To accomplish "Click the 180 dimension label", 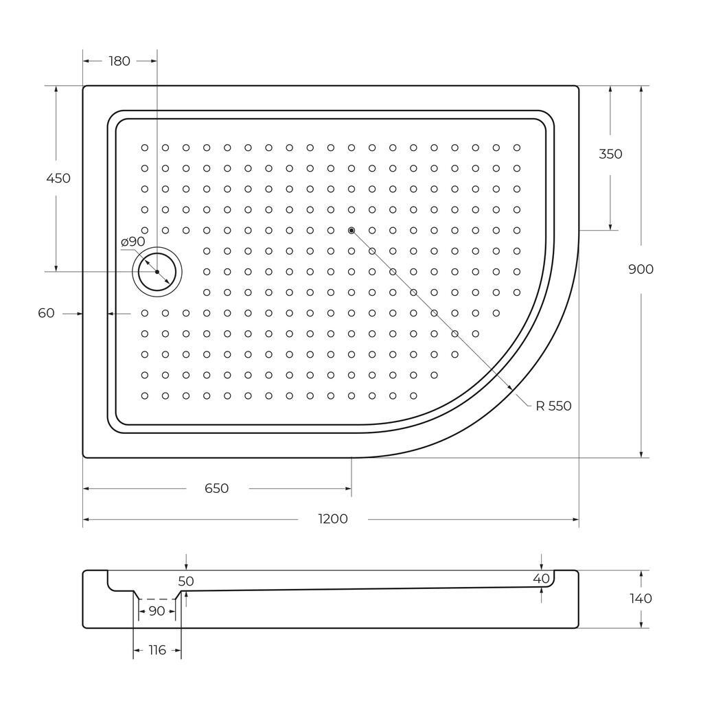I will point(119,61).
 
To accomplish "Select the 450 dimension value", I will point(58,178).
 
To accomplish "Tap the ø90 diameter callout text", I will point(132,242).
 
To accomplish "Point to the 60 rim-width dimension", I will point(46,313).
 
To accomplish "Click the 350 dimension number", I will point(610,154).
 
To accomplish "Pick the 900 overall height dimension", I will point(641,269).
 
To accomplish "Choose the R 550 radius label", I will point(553,406).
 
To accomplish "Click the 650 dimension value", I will point(217,489).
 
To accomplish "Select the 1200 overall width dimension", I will point(333,519).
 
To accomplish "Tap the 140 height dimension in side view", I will point(641,599).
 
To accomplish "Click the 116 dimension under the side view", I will point(157,650).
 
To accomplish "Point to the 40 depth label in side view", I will point(541,579).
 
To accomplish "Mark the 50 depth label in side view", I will point(186,581).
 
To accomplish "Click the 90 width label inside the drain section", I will point(157,610).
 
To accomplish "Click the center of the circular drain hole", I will point(157,272).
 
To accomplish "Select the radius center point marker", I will point(351,231).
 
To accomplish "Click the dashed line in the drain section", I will point(157,599).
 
